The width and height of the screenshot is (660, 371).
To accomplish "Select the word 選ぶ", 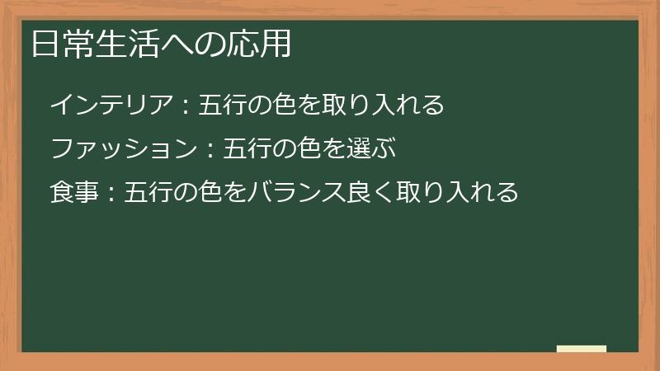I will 364,149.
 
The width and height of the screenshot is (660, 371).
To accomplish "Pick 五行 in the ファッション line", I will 246,149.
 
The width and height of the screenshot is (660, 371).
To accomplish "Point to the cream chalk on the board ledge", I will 582,349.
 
